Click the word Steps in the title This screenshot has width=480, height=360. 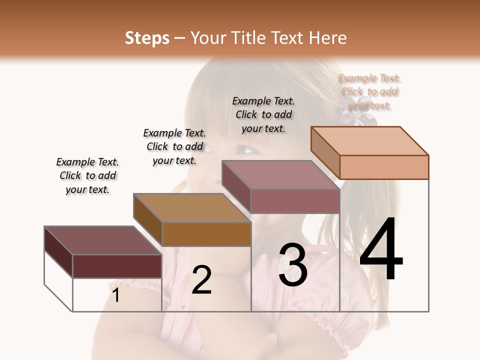point(147,38)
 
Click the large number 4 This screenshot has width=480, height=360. point(381,250)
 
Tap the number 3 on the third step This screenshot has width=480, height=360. point(292,265)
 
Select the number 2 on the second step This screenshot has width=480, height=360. point(202,280)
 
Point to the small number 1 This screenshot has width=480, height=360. point(116,295)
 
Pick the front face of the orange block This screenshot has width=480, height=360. point(384,167)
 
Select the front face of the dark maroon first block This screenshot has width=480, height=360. point(117,266)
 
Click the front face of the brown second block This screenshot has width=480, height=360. point(206,234)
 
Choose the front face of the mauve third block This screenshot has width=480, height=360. point(295,201)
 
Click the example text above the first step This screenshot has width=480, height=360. point(87,175)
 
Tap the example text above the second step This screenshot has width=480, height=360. point(174,146)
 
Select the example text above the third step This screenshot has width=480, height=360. point(263,114)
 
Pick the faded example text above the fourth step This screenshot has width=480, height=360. point(369,91)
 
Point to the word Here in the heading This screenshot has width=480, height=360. point(328,38)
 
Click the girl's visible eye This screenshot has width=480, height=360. point(245,148)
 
